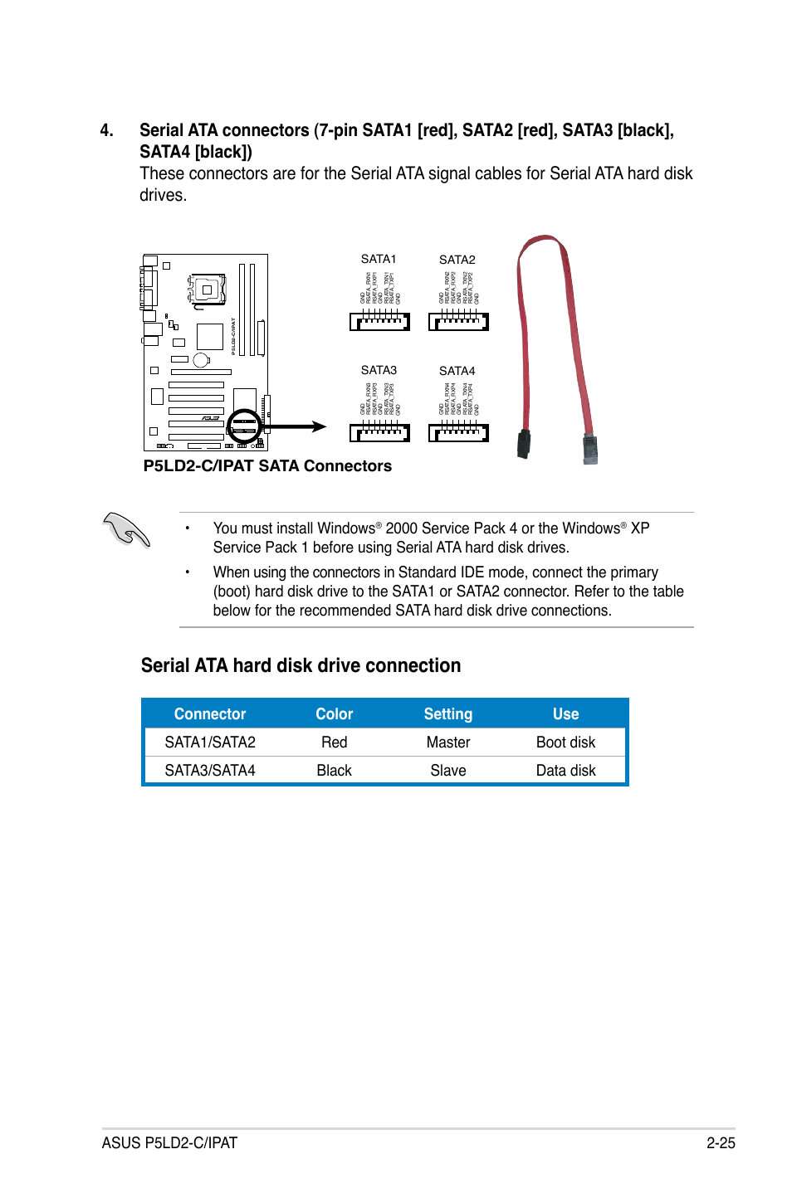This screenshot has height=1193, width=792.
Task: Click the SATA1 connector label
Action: coord(379,259)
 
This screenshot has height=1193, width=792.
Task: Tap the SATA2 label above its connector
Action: coord(457,260)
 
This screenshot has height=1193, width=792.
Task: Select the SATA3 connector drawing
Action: coord(379,432)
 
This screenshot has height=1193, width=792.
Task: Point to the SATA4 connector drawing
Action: coord(458,432)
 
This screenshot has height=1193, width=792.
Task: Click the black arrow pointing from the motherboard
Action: coord(296,426)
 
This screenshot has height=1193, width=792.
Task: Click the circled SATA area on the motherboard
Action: coord(244,426)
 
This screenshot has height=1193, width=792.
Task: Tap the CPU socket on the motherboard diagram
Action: coord(206,290)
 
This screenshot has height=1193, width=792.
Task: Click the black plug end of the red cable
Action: coord(524,444)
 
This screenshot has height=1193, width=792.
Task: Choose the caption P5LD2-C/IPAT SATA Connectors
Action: coord(267,466)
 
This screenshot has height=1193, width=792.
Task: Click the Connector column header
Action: coord(210,714)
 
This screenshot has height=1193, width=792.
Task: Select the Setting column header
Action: coord(447,714)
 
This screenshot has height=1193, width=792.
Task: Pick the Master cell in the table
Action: coord(447,743)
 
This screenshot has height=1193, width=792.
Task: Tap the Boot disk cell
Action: coord(565,743)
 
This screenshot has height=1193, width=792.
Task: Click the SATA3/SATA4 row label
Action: coord(210,771)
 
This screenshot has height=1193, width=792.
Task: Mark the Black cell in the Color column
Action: coord(334,771)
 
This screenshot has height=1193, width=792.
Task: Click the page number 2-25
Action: coord(721,1143)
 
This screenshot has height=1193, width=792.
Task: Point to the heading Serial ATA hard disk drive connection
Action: coord(301,666)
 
